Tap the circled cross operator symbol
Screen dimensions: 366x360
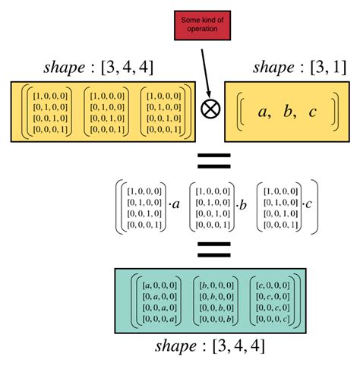point(210,108)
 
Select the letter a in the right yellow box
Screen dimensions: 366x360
point(264,112)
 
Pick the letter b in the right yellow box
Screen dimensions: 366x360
point(289,112)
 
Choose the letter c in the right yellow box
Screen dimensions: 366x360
point(313,112)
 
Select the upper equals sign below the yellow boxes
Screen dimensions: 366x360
point(213,161)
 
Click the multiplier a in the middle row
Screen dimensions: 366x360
point(175,205)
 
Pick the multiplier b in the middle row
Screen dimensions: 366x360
point(243,205)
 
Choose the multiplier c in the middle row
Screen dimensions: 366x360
point(311,205)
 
